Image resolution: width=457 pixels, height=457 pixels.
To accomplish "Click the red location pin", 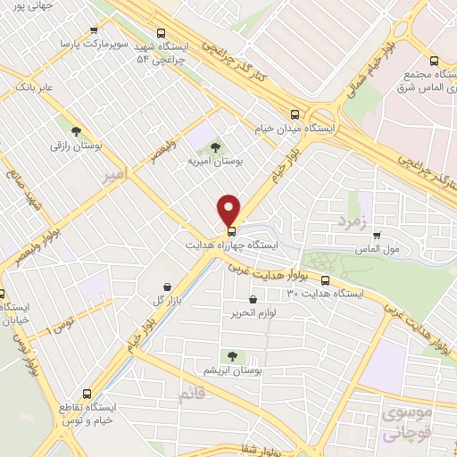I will coord(229,209).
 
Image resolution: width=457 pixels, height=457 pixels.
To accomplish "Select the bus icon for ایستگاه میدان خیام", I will coord(295,113).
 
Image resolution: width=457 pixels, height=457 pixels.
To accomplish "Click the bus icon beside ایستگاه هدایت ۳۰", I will coord(325,279).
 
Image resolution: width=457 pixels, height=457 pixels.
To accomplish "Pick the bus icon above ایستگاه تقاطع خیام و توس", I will coord(87,393).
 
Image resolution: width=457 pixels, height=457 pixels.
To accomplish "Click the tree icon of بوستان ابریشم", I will coord(234,356).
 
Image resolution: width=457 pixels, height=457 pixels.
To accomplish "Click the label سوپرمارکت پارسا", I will coord(88,42).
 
